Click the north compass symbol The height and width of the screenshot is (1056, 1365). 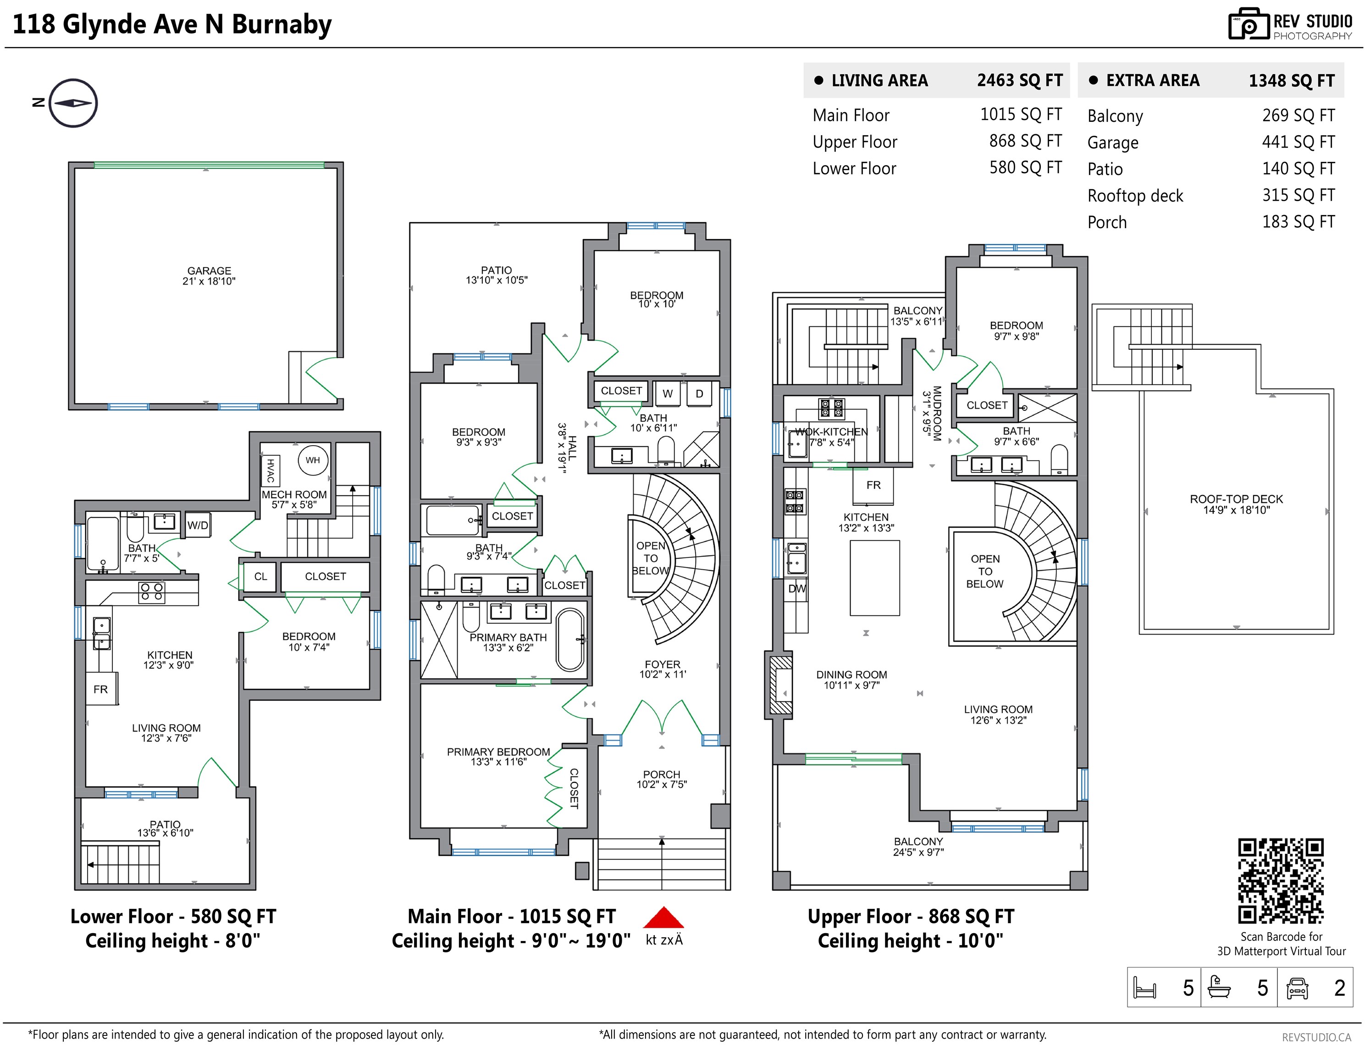tap(73, 103)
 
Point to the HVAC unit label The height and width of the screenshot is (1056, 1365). tap(271, 471)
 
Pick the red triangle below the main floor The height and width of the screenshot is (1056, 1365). tap(664, 917)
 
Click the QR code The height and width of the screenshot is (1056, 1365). tap(1281, 881)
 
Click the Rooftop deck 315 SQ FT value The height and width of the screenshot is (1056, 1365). tap(1298, 196)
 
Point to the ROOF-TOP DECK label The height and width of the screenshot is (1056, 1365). tap(1236, 499)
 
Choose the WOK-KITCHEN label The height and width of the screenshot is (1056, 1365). tap(831, 432)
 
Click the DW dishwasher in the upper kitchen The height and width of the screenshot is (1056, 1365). tap(797, 588)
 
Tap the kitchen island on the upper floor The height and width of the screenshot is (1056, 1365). tap(874, 578)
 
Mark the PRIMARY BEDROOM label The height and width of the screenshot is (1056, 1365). tap(498, 752)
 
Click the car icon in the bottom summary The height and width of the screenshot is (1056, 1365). tap(1298, 988)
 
